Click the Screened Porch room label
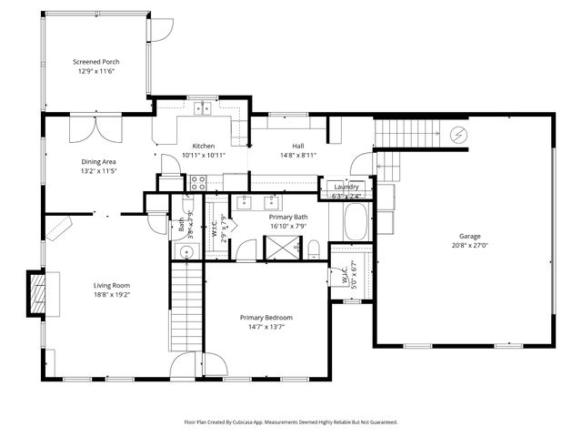click(x=95, y=62)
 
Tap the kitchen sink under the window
click(x=203, y=108)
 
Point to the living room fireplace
click(x=36, y=294)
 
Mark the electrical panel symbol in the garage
click(x=460, y=136)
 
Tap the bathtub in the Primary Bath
click(x=355, y=221)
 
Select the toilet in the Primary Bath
click(x=313, y=249)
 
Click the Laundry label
click(x=346, y=187)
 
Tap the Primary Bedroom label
click(x=266, y=317)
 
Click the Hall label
click(x=297, y=146)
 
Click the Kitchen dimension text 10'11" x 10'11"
click(x=203, y=155)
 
